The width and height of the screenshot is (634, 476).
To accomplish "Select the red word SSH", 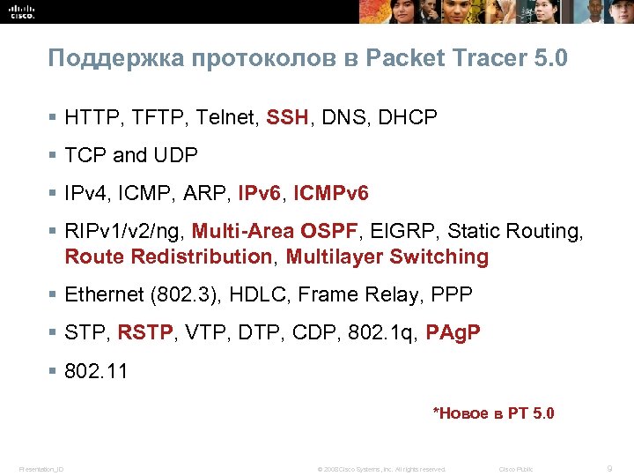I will (x=287, y=117).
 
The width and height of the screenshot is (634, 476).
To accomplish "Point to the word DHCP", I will (x=409, y=117).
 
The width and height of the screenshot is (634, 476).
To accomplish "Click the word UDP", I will (x=176, y=155).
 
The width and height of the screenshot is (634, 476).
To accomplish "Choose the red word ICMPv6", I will (x=330, y=193).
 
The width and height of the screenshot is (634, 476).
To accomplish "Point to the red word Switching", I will (x=439, y=257).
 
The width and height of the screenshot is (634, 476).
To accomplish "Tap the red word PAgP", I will (x=453, y=333).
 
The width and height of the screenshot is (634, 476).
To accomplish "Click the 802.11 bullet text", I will (x=96, y=371).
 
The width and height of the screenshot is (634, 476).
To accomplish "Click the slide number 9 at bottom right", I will (x=608, y=468).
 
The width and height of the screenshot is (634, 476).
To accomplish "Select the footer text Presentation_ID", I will (x=41, y=469).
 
